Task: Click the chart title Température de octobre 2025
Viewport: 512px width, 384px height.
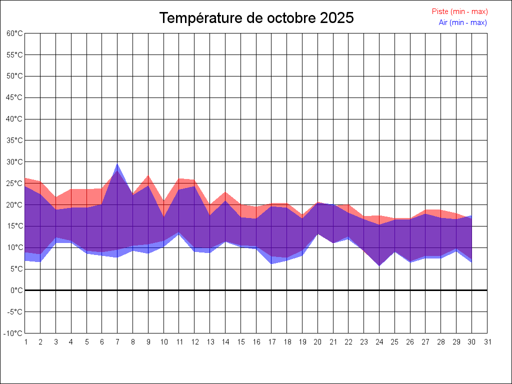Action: pyautogui.click(x=256, y=18)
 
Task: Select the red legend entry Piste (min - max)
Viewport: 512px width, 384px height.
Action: pyautogui.click(x=459, y=11)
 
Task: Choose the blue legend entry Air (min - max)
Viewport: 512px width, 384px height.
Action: pyautogui.click(x=462, y=22)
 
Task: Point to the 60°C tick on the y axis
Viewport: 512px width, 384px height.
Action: pyautogui.click(x=15, y=33)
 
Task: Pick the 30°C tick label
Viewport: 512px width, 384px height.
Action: pyautogui.click(x=15, y=162)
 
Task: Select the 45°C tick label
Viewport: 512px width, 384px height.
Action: pyautogui.click(x=15, y=97)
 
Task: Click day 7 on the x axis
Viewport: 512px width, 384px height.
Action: pyautogui.click(x=117, y=342)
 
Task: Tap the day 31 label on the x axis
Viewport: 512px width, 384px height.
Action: pyautogui.click(x=487, y=342)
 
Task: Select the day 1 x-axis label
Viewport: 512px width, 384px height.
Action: pyautogui.click(x=25, y=342)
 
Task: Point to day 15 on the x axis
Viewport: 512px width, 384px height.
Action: pyautogui.click(x=240, y=342)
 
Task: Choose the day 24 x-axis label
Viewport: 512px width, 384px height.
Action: pyautogui.click(x=379, y=342)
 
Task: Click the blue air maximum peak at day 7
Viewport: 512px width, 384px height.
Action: pyautogui.click(x=117, y=164)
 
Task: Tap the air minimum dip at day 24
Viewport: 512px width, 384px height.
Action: pyautogui.click(x=379, y=265)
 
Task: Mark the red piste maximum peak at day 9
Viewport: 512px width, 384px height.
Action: pyautogui.click(x=148, y=175)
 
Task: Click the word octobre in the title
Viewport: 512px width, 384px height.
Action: pyautogui.click(x=290, y=18)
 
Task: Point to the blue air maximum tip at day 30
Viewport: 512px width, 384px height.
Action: pyautogui.click(x=471, y=216)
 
